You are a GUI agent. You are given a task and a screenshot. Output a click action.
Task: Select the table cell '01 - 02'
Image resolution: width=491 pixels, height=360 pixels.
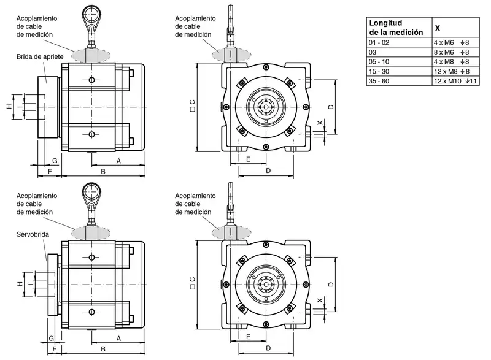(379, 43)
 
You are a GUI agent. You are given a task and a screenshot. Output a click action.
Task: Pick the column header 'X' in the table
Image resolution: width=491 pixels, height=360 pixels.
(437, 28)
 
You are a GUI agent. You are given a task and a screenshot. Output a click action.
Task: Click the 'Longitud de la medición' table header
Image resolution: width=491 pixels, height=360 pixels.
(396, 27)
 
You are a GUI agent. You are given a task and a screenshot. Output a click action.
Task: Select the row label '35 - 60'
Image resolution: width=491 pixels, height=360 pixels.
(379, 81)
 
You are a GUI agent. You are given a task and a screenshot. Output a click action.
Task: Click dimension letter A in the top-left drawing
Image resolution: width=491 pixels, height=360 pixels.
(118, 160)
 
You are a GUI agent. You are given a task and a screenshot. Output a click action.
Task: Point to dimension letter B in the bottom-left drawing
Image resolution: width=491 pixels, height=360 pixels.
(103, 350)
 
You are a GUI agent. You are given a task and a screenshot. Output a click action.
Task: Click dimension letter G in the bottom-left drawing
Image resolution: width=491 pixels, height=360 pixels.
(52, 338)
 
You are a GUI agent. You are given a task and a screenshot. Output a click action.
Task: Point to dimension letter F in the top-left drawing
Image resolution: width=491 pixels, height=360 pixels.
(49, 172)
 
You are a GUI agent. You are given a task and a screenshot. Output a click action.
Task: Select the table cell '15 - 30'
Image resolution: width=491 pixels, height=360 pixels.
(379, 71)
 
